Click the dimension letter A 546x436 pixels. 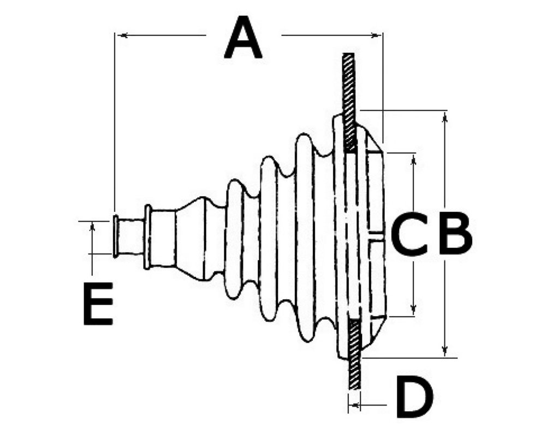pos(243,38)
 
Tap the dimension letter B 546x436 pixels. pos(455,234)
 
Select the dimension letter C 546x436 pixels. pos(409,234)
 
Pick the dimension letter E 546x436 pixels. pos(98,304)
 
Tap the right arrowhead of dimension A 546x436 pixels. pos(375,35)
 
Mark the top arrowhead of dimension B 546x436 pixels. pos(444,119)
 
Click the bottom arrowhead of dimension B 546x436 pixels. pos(444,350)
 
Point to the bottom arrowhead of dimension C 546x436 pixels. pos(414,309)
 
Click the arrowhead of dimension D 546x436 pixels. pos(355,405)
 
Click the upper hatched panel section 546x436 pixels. pos(349,102)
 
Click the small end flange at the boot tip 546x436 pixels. pos(115,237)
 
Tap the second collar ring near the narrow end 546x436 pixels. pos(147,237)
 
